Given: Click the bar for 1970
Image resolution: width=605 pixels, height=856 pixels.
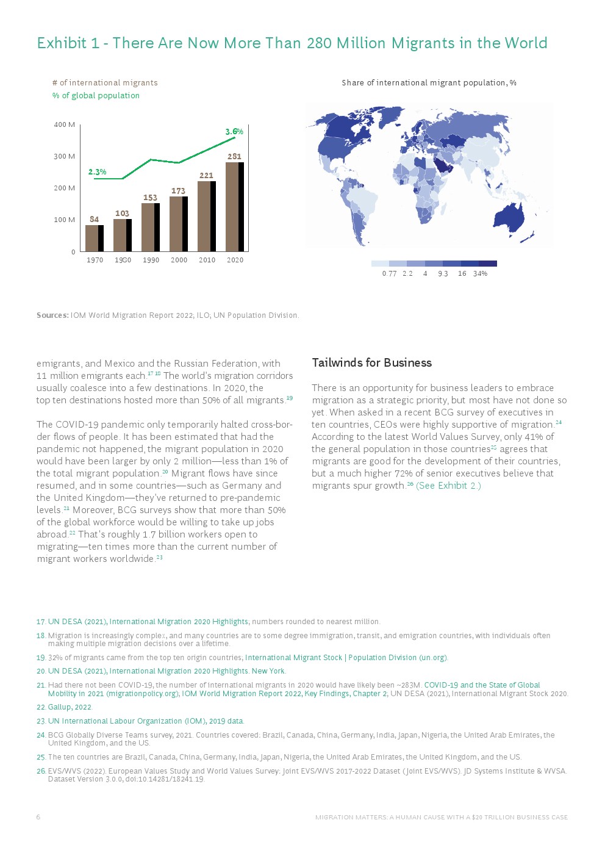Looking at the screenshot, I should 94,238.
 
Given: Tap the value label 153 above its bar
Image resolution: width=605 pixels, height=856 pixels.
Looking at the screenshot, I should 150,198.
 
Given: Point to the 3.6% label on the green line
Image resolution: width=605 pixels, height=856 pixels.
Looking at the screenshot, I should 234,132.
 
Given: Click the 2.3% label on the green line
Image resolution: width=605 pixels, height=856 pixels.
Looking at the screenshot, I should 97,172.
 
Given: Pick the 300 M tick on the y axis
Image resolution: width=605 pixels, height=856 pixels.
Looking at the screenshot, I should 65,156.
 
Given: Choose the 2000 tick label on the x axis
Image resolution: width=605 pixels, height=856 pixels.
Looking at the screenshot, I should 179,260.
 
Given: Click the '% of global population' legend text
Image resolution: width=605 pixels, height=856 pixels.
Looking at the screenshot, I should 96,96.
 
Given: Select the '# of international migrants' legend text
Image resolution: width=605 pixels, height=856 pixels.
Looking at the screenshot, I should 105,83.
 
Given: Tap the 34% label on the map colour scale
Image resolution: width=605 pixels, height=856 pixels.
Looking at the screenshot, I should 480,274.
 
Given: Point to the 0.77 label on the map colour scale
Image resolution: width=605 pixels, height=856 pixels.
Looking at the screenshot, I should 389,274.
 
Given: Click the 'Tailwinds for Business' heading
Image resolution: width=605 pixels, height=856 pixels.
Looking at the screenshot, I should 371,363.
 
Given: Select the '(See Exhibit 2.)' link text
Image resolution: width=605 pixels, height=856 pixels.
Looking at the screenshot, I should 448,486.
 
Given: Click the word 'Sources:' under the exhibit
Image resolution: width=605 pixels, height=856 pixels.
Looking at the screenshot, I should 52,315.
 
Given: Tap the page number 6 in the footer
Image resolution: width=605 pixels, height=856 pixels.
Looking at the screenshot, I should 38,817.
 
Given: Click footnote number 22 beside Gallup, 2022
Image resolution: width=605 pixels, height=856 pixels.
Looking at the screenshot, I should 41,707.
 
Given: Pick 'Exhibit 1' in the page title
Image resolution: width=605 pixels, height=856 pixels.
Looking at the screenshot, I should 68,43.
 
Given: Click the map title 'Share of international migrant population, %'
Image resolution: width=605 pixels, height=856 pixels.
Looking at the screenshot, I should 429,83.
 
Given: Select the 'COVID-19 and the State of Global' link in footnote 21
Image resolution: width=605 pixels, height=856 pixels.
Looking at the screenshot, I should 482,685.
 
